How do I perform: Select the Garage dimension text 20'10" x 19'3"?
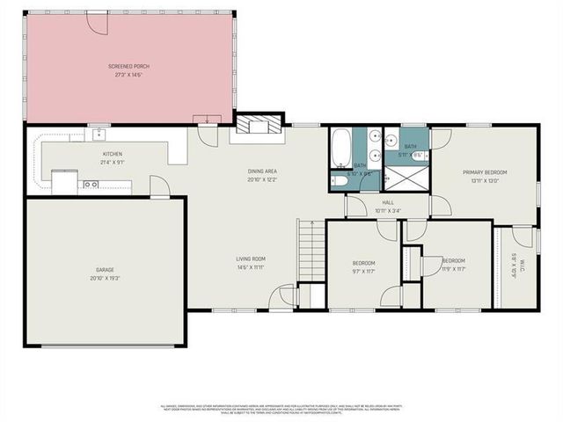point(105,277)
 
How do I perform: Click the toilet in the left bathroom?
point(339,180)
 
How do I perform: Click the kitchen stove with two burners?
point(90,185)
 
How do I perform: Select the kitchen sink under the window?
point(99,135)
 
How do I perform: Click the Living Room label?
point(251,258)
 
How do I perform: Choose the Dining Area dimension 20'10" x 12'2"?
point(262,178)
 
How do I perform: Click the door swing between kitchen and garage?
point(158,186)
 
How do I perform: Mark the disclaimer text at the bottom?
point(281,409)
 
